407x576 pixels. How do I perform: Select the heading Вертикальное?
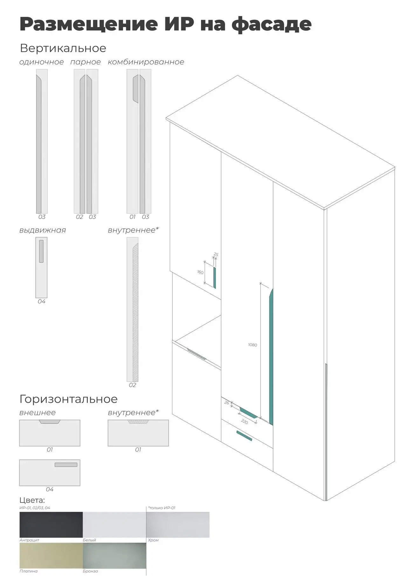tap(63, 48)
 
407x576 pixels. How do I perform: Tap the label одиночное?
tap(42, 62)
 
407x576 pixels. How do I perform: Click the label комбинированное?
tap(146, 62)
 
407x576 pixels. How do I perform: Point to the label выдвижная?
tap(43, 230)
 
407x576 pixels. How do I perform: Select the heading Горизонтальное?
tap(69, 399)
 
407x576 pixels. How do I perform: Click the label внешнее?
tap(38, 413)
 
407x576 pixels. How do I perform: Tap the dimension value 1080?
tap(252, 345)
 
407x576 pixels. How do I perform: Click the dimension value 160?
tap(200, 272)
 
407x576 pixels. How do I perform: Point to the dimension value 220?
tap(245, 422)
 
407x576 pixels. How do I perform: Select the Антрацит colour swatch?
tap(51, 524)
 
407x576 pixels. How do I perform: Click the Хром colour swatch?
tap(178, 524)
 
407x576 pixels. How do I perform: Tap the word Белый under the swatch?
tap(89, 540)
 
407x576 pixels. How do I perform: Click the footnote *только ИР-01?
tap(162, 508)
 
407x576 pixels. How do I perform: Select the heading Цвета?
tap(32, 500)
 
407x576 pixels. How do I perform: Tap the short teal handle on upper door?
tap(215, 278)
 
